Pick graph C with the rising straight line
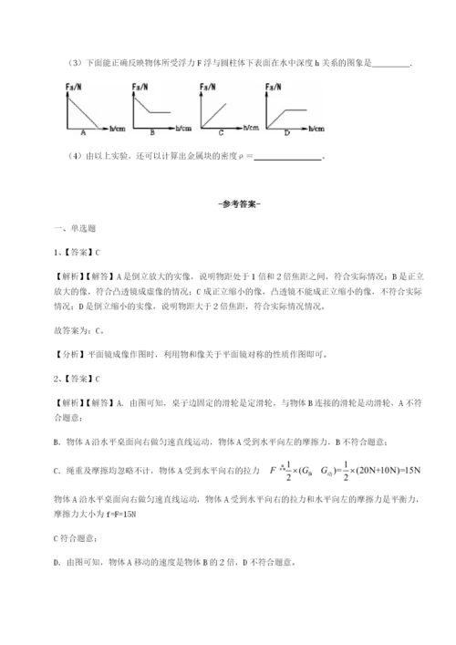pyautogui.click(x=218, y=111)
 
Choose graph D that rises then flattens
pyautogui.click(x=282, y=111)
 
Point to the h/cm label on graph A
pyautogui.click(x=118, y=129)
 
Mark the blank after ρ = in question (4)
pyautogui.click(x=284, y=157)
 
